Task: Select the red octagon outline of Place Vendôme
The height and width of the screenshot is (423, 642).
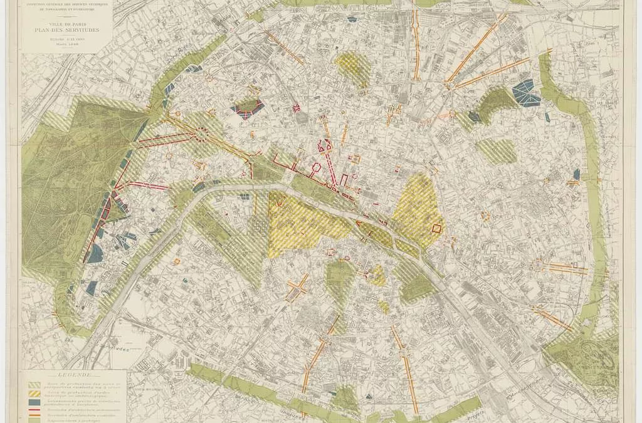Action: pyautogui.click(x=317, y=167)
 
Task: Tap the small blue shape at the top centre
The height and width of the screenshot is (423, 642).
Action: pyautogui.click(x=352, y=18)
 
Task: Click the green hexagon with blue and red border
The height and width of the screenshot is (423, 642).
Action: pyautogui.click(x=249, y=108)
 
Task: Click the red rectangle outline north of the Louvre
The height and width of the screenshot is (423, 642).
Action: pyautogui.click(x=344, y=180)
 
